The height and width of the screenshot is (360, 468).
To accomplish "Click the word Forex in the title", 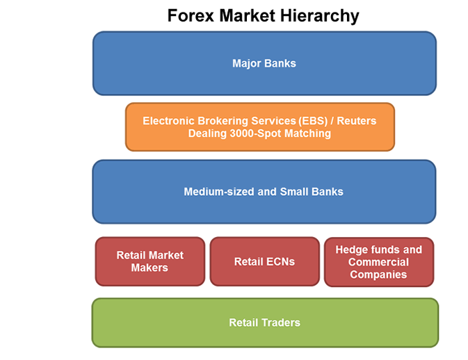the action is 191,15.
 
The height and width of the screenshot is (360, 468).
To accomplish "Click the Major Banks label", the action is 264,63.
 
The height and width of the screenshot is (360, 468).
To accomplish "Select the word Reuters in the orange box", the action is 357,121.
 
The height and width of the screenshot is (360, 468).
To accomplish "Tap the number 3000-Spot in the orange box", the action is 256,133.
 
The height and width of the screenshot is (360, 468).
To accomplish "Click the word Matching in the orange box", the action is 308,133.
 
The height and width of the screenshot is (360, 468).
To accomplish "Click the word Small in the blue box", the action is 293,192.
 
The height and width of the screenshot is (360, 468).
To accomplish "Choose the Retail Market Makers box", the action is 150,261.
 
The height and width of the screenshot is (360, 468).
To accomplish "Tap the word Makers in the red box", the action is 150,268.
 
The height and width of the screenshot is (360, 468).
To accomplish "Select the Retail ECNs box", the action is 265,261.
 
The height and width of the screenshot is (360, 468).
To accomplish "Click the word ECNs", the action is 280,261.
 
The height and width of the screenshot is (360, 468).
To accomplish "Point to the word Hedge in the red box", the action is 350,249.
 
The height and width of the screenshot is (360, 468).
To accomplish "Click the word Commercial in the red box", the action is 378,262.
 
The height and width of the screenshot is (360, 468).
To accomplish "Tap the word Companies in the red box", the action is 378,275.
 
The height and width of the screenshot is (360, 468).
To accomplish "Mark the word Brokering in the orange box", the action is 223,121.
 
